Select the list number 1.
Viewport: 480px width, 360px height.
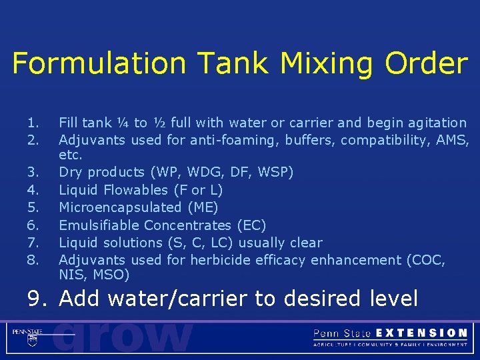(33, 123)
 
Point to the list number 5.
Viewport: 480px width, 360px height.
(33, 207)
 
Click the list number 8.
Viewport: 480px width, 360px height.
(33, 259)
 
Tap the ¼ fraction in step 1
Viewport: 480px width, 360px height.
(122, 123)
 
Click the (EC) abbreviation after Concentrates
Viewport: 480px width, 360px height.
(251, 225)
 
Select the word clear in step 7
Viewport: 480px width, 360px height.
(305, 243)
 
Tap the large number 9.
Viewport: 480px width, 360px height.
(37, 298)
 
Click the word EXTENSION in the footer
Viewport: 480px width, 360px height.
(422, 333)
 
